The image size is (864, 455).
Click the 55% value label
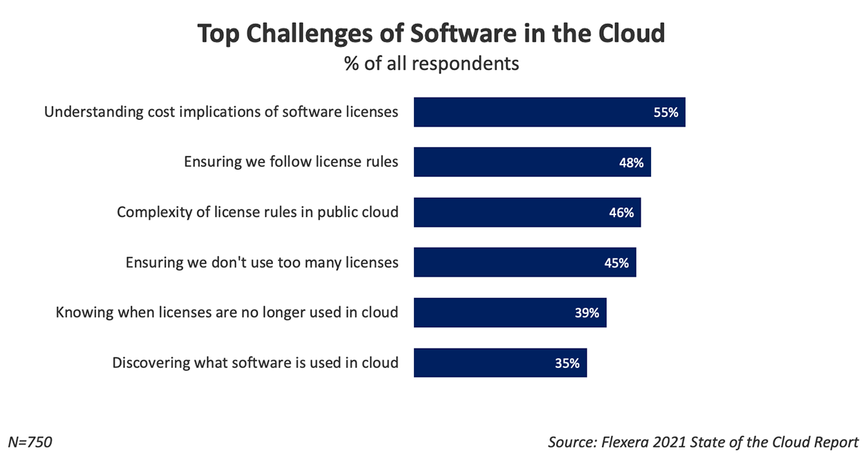point(666,112)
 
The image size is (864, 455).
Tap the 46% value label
point(621,212)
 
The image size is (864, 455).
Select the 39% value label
point(586,313)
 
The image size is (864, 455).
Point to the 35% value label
point(567,362)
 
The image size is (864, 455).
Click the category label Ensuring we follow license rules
point(291,162)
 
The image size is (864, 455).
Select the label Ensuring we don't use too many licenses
point(262,263)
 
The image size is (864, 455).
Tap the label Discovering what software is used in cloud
point(255,362)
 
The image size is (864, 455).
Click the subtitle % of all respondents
point(431,64)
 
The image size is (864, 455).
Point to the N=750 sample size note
point(30,441)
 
